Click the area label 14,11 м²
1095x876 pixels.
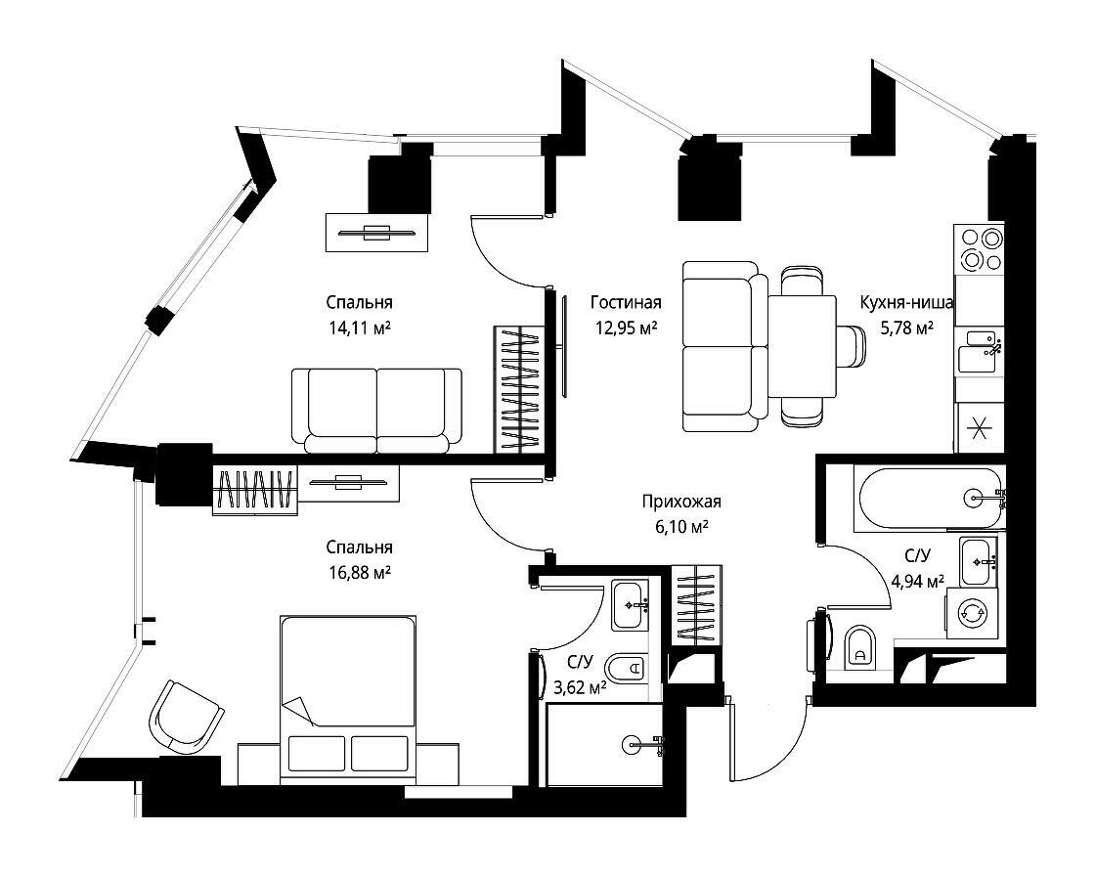[359, 328]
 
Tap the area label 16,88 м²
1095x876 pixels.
[359, 573]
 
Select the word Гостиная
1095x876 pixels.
[626, 302]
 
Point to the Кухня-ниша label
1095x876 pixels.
[906, 302]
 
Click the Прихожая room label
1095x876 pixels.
[681, 501]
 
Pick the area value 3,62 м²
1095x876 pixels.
[580, 688]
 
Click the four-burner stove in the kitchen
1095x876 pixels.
[979, 248]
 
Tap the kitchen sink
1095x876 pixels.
[979, 352]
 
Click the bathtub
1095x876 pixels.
[929, 498]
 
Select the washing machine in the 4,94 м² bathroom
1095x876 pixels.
[972, 612]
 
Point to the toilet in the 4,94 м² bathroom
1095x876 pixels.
[859, 647]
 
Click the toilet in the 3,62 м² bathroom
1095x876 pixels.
[627, 670]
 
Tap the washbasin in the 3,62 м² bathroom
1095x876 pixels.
[632, 605]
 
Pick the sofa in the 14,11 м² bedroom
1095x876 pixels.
[376, 410]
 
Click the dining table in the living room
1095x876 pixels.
[803, 345]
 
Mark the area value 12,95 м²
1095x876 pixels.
[626, 328]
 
